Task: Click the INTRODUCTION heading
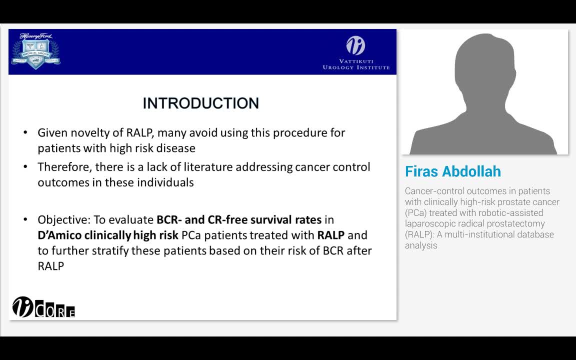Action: pyautogui.click(x=200, y=103)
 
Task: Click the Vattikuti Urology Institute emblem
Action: pyautogui.click(x=355, y=46)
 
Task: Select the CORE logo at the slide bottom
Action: pyautogui.click(x=43, y=307)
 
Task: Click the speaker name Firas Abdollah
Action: pyautogui.click(x=452, y=171)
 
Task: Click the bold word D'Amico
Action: pyautogui.click(x=59, y=235)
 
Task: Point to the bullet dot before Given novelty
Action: pyautogui.click(x=25, y=133)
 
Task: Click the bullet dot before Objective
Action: pyautogui.click(x=25, y=220)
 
